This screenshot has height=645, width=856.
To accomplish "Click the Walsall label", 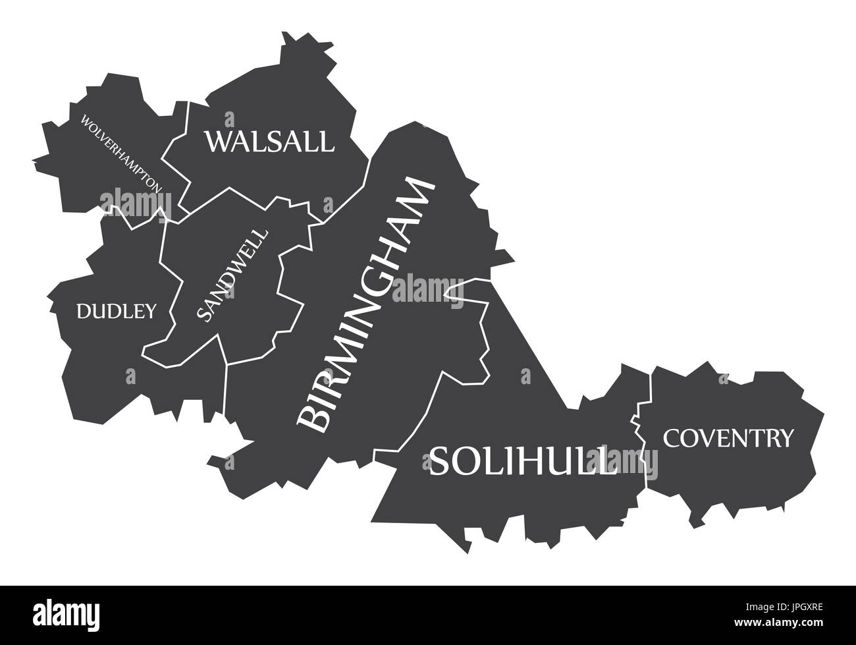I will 269,142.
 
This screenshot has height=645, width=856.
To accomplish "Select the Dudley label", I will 117,311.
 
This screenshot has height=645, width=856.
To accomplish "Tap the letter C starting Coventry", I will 672,437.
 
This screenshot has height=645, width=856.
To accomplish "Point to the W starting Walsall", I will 219,142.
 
